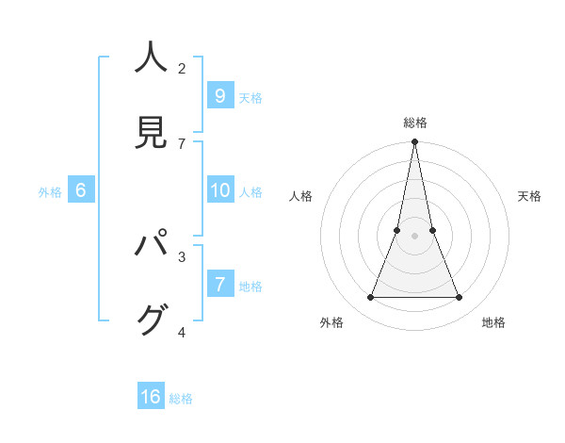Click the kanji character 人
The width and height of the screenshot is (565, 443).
coord(151,58)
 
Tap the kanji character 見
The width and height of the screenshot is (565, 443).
coord(151,132)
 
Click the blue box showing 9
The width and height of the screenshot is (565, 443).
coord(219,95)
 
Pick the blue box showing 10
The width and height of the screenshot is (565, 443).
coord(219,190)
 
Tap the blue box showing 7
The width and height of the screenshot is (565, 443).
coord(219,284)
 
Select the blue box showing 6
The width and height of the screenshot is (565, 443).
coord(81,190)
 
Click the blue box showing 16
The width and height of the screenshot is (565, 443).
coord(151,397)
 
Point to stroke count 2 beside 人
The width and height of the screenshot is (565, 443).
coord(182,68)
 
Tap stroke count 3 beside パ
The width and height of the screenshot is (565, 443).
coord(182,256)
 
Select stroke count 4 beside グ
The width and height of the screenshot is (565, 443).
coord(182,331)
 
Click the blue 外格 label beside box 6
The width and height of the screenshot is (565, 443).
coord(50,192)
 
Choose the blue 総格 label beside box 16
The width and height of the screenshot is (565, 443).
coord(181,399)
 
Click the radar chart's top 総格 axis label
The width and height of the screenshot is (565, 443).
coord(415,123)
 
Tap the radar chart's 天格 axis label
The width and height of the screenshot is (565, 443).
coord(530,196)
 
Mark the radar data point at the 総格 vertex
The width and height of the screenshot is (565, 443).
coord(414,142)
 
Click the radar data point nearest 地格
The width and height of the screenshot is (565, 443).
coord(460,298)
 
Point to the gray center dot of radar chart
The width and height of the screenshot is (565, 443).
coord(414,236)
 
